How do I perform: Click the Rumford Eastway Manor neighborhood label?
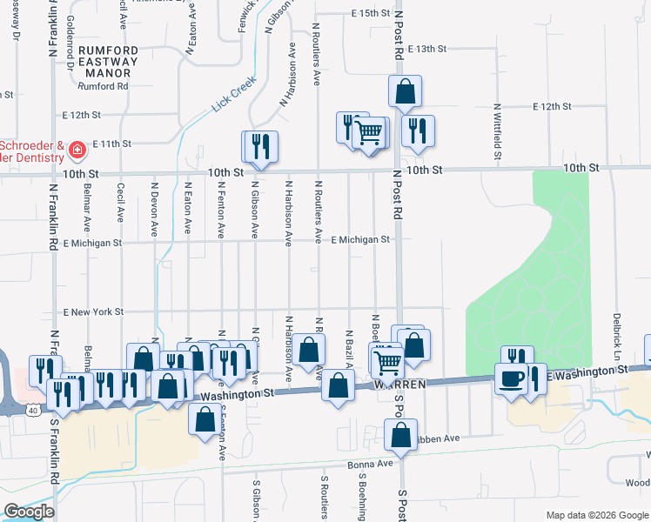(x=108, y=62)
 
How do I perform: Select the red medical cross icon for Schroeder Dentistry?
(x=77, y=151)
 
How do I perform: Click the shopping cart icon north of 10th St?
(x=370, y=133)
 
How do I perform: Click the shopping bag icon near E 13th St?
(x=405, y=90)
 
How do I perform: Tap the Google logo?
(x=29, y=512)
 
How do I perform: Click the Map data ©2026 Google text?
(x=596, y=515)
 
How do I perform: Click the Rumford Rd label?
(x=103, y=86)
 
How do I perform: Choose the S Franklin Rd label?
(x=54, y=453)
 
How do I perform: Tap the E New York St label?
(x=94, y=311)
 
